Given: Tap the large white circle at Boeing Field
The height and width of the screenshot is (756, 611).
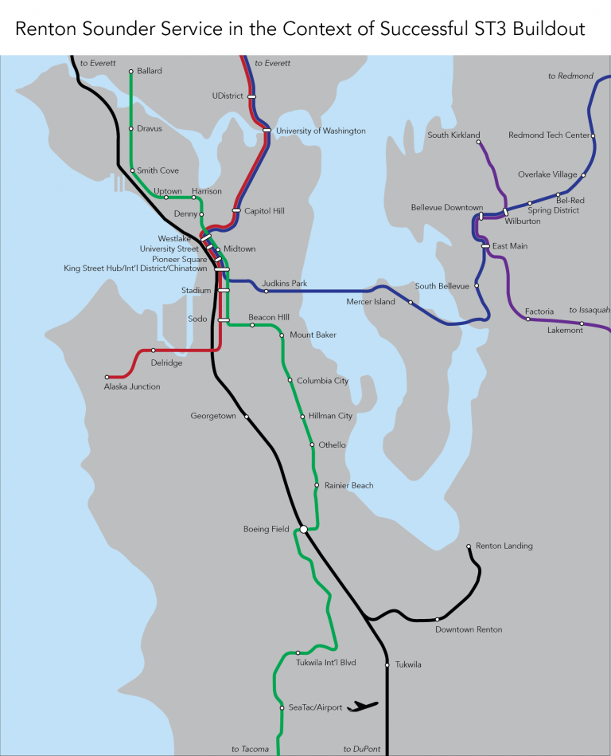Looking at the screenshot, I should pos(303,528).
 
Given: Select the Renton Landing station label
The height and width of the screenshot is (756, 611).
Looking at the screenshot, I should pos(504,546).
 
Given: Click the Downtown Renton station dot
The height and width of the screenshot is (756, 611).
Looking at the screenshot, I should pos(438,619).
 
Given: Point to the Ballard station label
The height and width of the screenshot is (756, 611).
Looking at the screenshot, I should pos(149,71).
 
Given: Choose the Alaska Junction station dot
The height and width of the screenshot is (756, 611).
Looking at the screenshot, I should pos(107,377).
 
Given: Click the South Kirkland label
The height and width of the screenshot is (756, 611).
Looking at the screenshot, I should pos(453,135).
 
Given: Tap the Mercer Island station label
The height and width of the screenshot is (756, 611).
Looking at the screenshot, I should pos(370,302).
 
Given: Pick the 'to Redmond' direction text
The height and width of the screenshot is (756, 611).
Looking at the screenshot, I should pos(570,76).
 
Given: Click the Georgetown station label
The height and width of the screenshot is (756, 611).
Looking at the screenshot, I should pos(213,416).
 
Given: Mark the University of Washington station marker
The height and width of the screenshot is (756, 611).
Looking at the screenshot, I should pos(267,131).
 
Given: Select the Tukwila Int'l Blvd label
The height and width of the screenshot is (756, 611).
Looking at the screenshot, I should pos(325,662).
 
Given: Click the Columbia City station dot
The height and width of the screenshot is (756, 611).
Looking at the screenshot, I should pos(290,380).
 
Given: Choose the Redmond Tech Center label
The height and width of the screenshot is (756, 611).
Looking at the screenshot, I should pos(548,135).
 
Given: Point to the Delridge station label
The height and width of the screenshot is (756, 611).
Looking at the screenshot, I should pos(166,362).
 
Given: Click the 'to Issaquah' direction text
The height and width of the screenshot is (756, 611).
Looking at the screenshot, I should pos(589,310).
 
